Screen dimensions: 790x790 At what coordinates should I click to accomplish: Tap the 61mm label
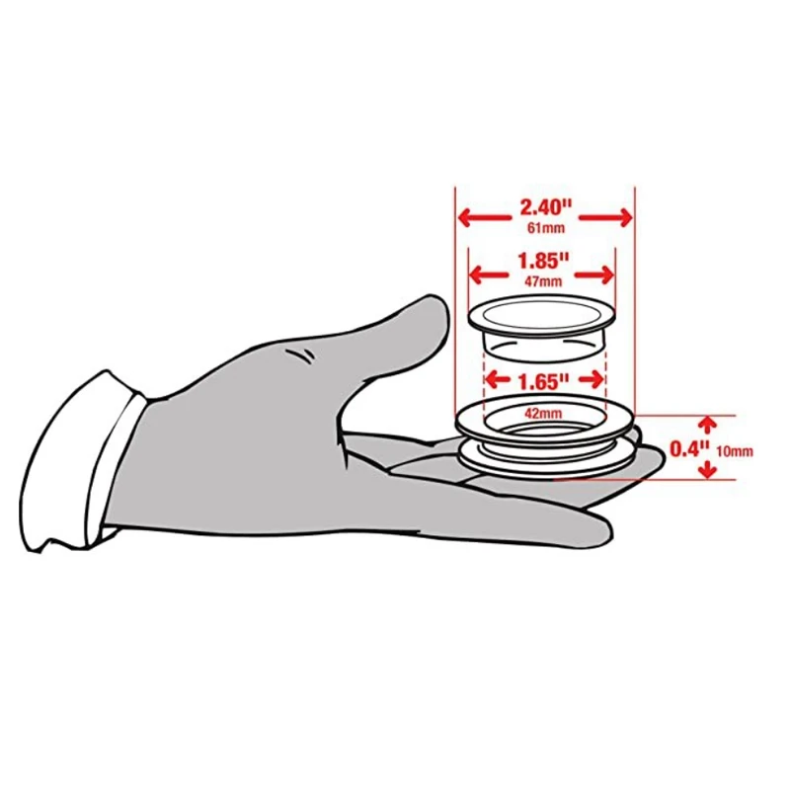pyautogui.click(x=544, y=229)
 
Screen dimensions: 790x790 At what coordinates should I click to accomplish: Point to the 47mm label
pyautogui.click(x=542, y=281)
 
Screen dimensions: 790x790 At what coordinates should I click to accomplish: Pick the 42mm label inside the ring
pyautogui.click(x=542, y=414)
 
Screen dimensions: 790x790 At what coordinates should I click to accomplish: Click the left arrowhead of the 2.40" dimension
pyautogui.click(x=462, y=216)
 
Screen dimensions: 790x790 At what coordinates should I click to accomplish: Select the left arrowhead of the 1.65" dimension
pyautogui.click(x=488, y=379)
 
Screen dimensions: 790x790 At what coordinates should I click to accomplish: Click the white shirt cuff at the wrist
pyautogui.click(x=79, y=464)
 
